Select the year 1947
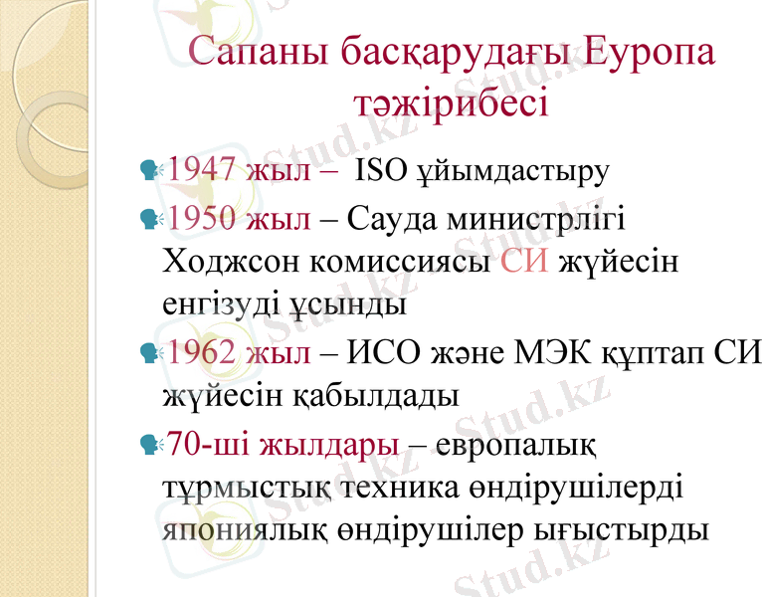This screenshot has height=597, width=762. (x=200, y=170)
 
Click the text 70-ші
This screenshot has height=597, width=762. (x=207, y=442)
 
